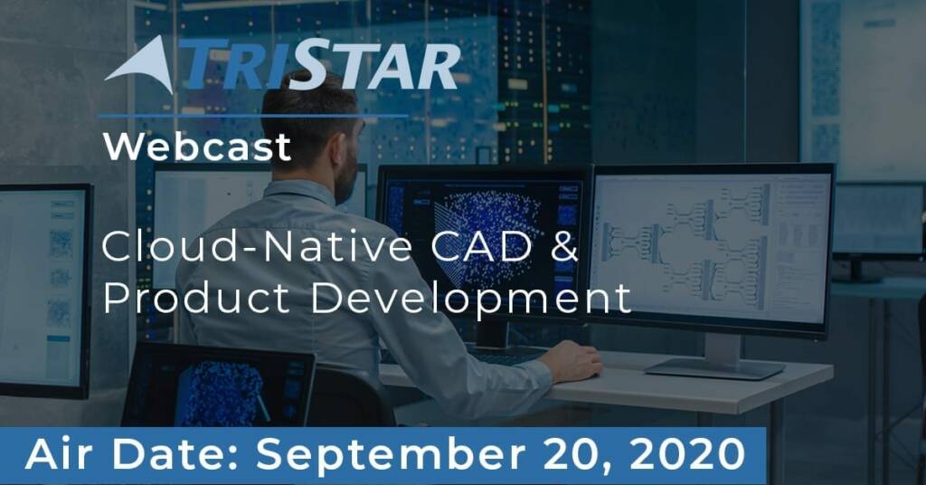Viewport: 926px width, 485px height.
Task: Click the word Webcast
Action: coord(196,147)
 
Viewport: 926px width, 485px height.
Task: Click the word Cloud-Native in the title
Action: coord(257,246)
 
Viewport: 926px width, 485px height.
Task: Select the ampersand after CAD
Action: coord(564,246)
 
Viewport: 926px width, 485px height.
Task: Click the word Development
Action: coord(470,300)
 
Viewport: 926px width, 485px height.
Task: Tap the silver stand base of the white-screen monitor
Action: coord(714,368)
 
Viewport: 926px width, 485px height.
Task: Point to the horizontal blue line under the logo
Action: coord(254,116)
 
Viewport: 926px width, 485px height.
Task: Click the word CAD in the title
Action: coord(481,246)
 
